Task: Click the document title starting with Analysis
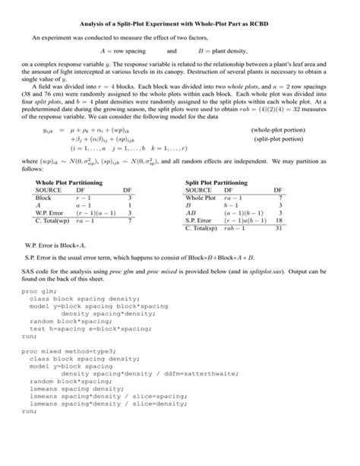(180, 24)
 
